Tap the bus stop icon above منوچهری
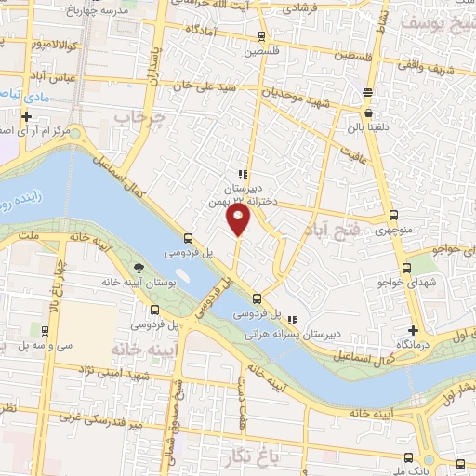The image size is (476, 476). [x=395, y=215]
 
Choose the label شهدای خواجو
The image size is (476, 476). [x=407, y=281]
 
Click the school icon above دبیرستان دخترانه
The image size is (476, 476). [x=243, y=174]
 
